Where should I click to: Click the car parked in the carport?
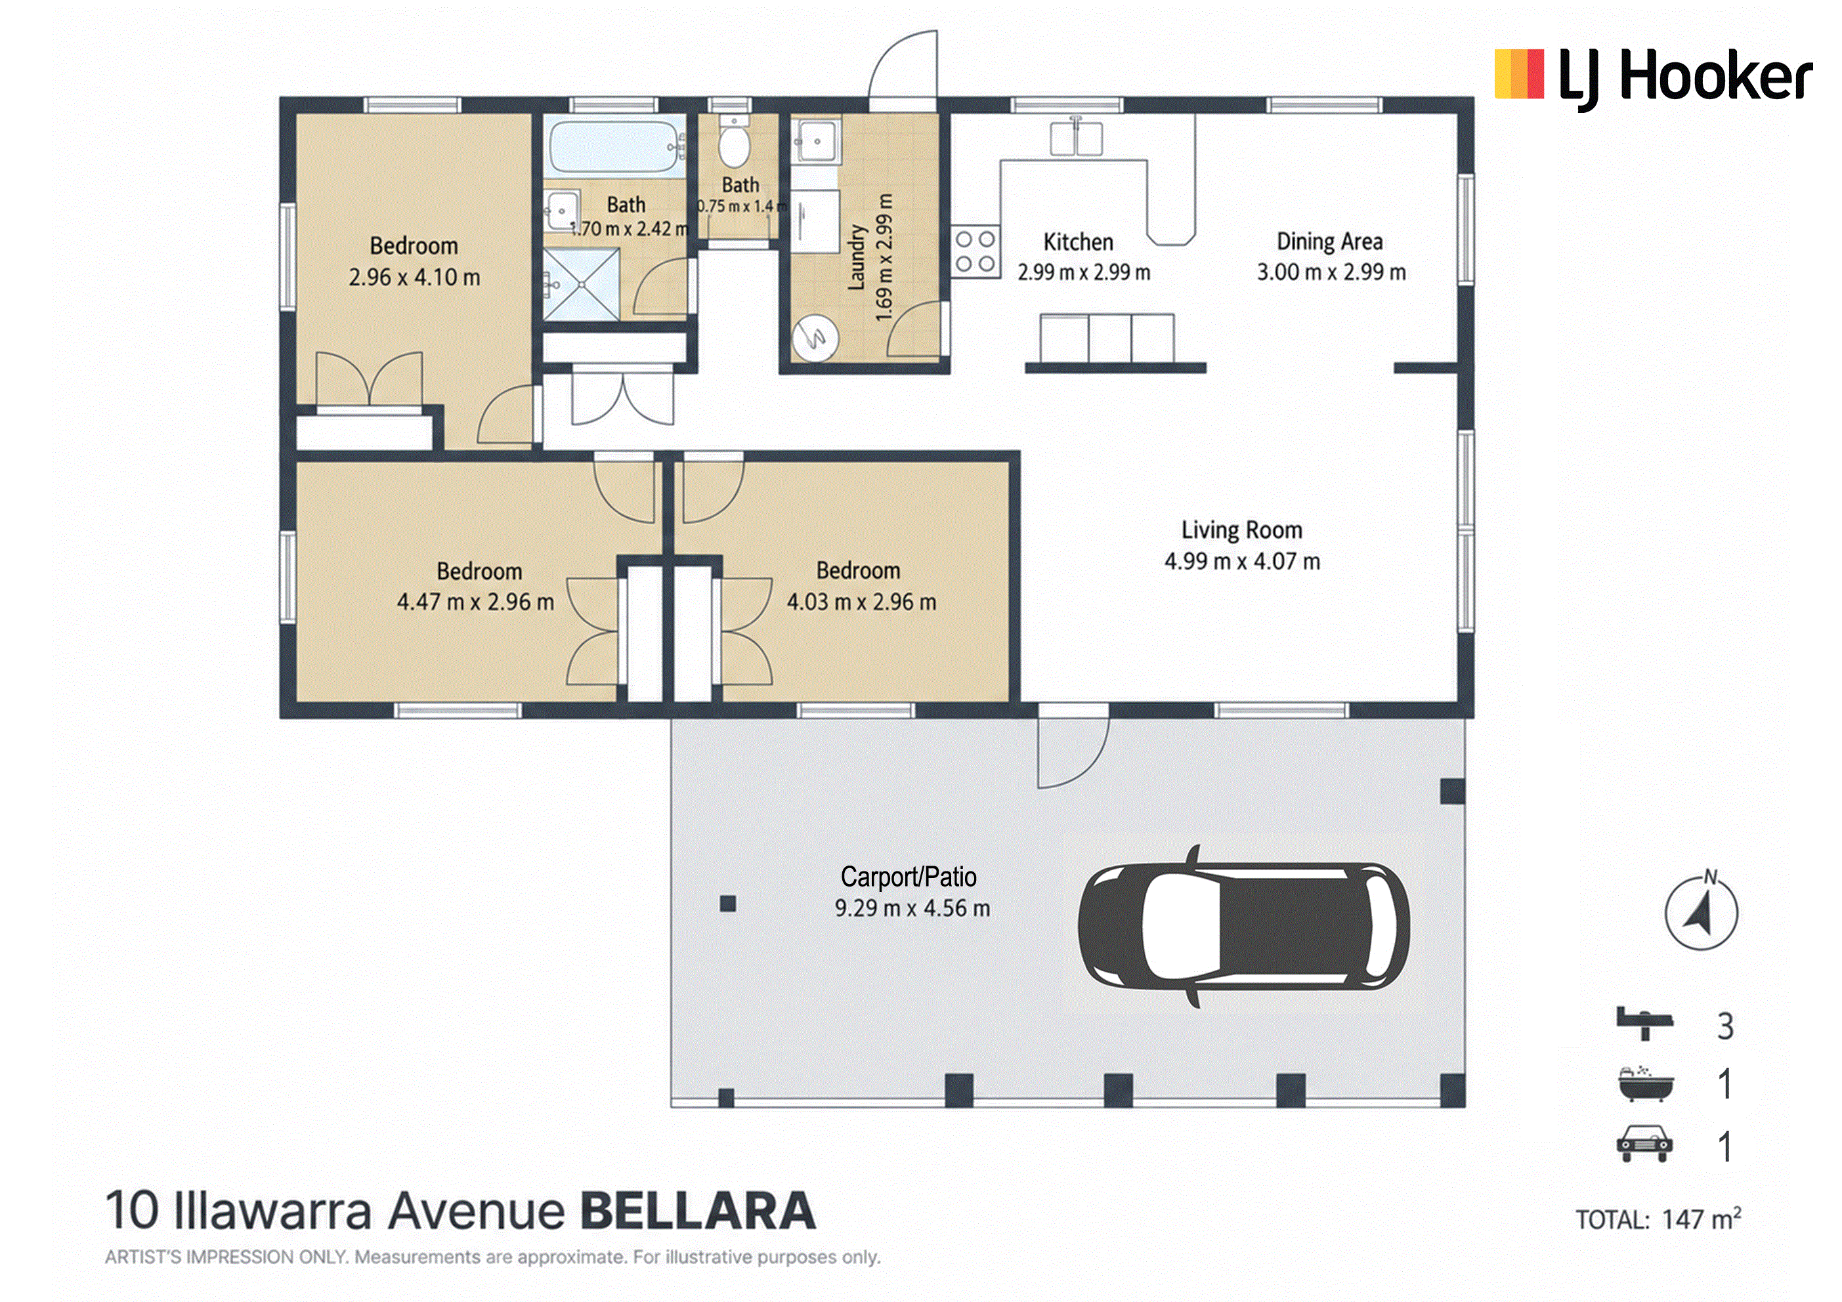[x=1243, y=926]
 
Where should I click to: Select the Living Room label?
[x=1241, y=530]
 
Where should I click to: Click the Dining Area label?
[x=1329, y=241]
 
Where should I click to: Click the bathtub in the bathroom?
[x=615, y=146]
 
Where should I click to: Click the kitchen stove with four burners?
[x=975, y=251]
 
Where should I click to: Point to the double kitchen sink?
[x=1076, y=137]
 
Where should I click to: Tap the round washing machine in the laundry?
[x=815, y=338]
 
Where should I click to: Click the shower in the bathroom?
[x=582, y=284]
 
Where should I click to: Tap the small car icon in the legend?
[x=1644, y=1144]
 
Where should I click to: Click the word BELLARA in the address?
[x=697, y=1211]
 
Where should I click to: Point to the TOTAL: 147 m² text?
[x=1658, y=1219]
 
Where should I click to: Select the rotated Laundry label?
[x=857, y=257]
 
